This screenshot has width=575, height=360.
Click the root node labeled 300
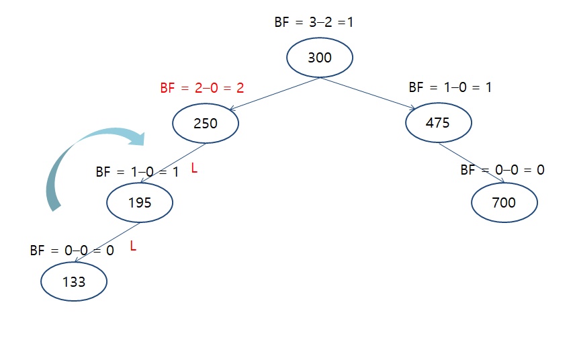coord(320,58)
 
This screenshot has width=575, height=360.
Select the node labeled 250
coord(206,123)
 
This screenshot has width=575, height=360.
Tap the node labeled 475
coord(438,123)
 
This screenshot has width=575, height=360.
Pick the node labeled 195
coord(140,201)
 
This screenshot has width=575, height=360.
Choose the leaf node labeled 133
coord(74,282)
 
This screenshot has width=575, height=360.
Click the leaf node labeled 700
coord(504,202)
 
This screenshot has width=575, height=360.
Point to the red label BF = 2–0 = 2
coord(202,88)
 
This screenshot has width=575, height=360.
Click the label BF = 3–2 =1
coord(314,22)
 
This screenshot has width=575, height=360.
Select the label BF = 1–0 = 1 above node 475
coord(450,87)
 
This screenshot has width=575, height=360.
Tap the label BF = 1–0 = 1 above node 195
coord(137,172)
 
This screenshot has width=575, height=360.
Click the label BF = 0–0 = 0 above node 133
coord(72,251)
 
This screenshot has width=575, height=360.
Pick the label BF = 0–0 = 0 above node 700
coord(502,170)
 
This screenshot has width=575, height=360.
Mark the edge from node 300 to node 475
coord(368,93)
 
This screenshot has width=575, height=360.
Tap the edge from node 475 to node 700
coord(470,162)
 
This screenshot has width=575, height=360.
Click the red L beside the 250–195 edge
coord(194,168)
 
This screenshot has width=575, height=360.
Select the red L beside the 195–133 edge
coord(133,246)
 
